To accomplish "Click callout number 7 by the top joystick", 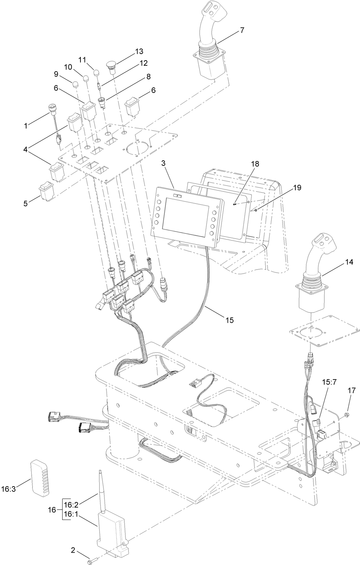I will (x=242, y=30).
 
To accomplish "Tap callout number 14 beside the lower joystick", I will (x=349, y=262).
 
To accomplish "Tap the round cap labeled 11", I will (x=97, y=73).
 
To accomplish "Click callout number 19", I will (x=297, y=188).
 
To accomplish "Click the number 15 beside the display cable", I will (x=229, y=320).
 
